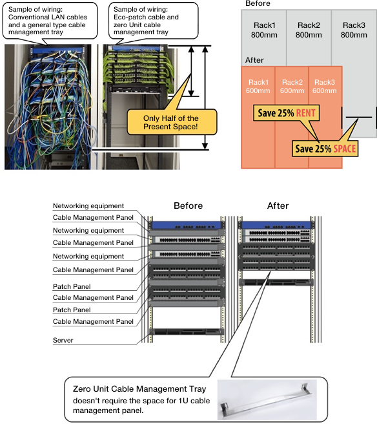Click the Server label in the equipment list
click(x=63, y=340)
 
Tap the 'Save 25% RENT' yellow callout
click(x=286, y=112)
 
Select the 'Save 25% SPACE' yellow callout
click(x=325, y=149)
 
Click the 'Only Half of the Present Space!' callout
click(x=172, y=122)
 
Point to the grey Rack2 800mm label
click(x=309, y=30)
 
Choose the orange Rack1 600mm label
click(x=258, y=86)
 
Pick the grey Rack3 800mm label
click(x=354, y=30)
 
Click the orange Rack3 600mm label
click(x=325, y=86)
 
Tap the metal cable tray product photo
click(x=267, y=399)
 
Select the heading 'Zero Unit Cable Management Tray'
click(x=139, y=389)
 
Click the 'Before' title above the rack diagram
click(x=188, y=206)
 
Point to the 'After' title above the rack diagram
click(x=278, y=206)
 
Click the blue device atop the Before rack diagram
click(x=187, y=226)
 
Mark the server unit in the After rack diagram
click(x=277, y=283)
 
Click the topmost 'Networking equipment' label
click(x=88, y=206)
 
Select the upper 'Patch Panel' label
click(x=72, y=286)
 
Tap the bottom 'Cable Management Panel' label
click(x=93, y=321)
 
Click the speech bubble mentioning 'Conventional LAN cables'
click(x=50, y=21)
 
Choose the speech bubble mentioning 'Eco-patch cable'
click(x=153, y=21)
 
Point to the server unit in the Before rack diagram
click(x=187, y=332)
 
